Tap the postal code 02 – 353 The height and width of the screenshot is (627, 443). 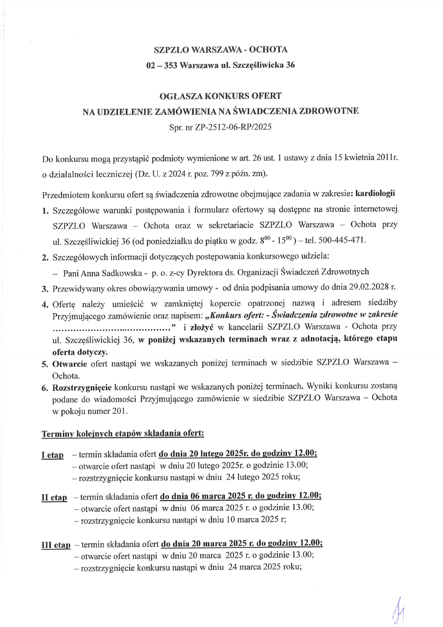coord(162,65)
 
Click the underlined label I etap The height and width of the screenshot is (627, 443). coord(52,455)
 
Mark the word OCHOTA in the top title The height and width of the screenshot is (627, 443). coord(268,50)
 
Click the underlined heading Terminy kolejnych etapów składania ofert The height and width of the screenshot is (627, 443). coord(123,433)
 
